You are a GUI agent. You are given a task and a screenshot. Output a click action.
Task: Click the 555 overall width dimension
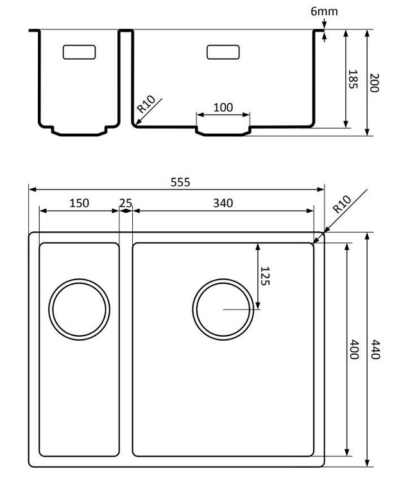click(x=180, y=182)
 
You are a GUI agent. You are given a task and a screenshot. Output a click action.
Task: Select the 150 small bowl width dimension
click(x=80, y=203)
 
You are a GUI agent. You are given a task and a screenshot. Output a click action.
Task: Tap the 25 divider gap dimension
click(x=126, y=203)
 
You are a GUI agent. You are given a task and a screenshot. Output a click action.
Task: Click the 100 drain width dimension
click(x=223, y=107)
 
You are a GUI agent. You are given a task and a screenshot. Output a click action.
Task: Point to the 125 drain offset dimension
click(x=265, y=276)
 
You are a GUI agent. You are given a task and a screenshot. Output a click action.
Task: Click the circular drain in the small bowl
click(x=80, y=308)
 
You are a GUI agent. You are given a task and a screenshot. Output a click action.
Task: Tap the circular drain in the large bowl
click(x=223, y=308)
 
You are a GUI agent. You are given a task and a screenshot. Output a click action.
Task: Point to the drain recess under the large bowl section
click(x=223, y=131)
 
